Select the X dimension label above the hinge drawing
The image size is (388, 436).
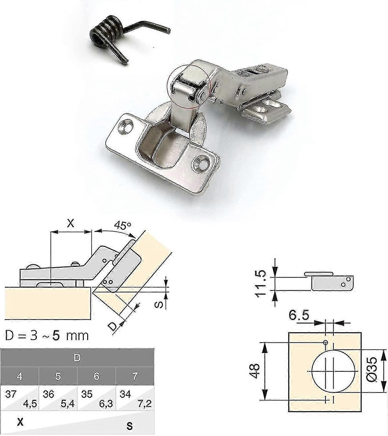[71, 223]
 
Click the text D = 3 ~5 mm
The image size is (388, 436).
[47, 336]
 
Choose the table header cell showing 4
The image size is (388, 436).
[19, 376]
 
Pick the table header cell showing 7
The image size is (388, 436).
[135, 376]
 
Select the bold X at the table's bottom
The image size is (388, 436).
[20, 422]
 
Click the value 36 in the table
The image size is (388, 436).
[49, 394]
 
